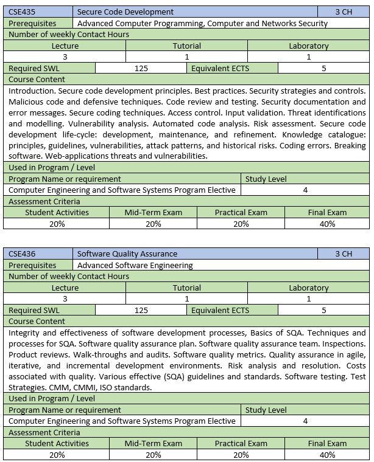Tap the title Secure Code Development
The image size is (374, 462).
click(125, 12)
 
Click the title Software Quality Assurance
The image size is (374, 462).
click(127, 253)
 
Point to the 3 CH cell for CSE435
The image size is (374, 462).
click(344, 12)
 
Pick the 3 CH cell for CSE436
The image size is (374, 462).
click(344, 253)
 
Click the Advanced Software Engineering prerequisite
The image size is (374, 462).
click(135, 265)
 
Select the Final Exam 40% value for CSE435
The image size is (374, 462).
click(327, 224)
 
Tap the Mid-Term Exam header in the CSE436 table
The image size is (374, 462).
click(153, 443)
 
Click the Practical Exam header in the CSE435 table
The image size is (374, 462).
click(241, 212)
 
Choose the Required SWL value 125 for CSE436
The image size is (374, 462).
click(141, 310)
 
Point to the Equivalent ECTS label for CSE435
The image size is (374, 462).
click(220, 68)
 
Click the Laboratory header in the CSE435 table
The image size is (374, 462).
click(308, 46)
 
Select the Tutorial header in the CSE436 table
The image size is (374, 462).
click(186, 288)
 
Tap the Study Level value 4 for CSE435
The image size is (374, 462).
click(305, 190)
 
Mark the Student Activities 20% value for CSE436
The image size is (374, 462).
click(57, 455)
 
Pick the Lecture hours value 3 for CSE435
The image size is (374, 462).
click(65, 57)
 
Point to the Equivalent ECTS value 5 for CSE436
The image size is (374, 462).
click(323, 310)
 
